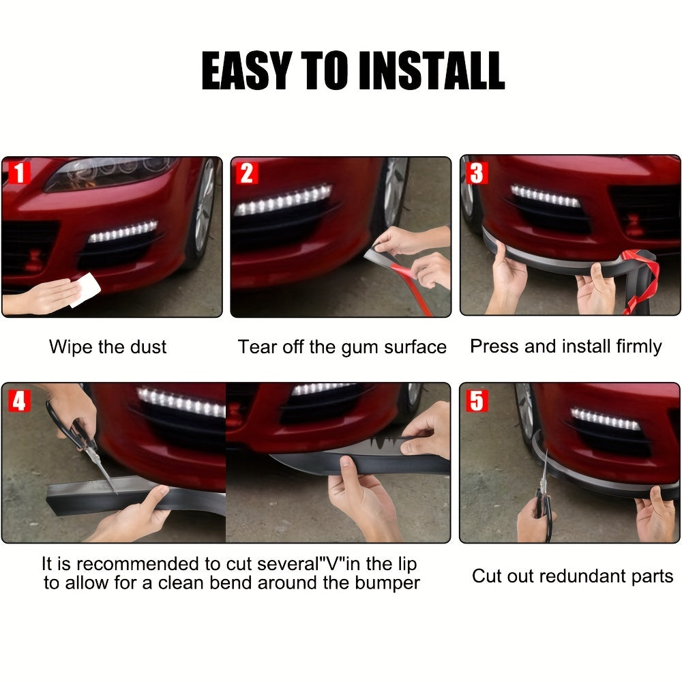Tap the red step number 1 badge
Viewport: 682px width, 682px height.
(x=19, y=173)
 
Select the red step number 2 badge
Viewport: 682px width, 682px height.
(x=247, y=173)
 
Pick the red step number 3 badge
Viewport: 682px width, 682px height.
(x=476, y=173)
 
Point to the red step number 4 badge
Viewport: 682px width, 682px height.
(x=19, y=400)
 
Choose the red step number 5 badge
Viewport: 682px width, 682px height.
(x=476, y=400)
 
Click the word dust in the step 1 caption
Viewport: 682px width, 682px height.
(x=148, y=346)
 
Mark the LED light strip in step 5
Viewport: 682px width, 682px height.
(x=606, y=419)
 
